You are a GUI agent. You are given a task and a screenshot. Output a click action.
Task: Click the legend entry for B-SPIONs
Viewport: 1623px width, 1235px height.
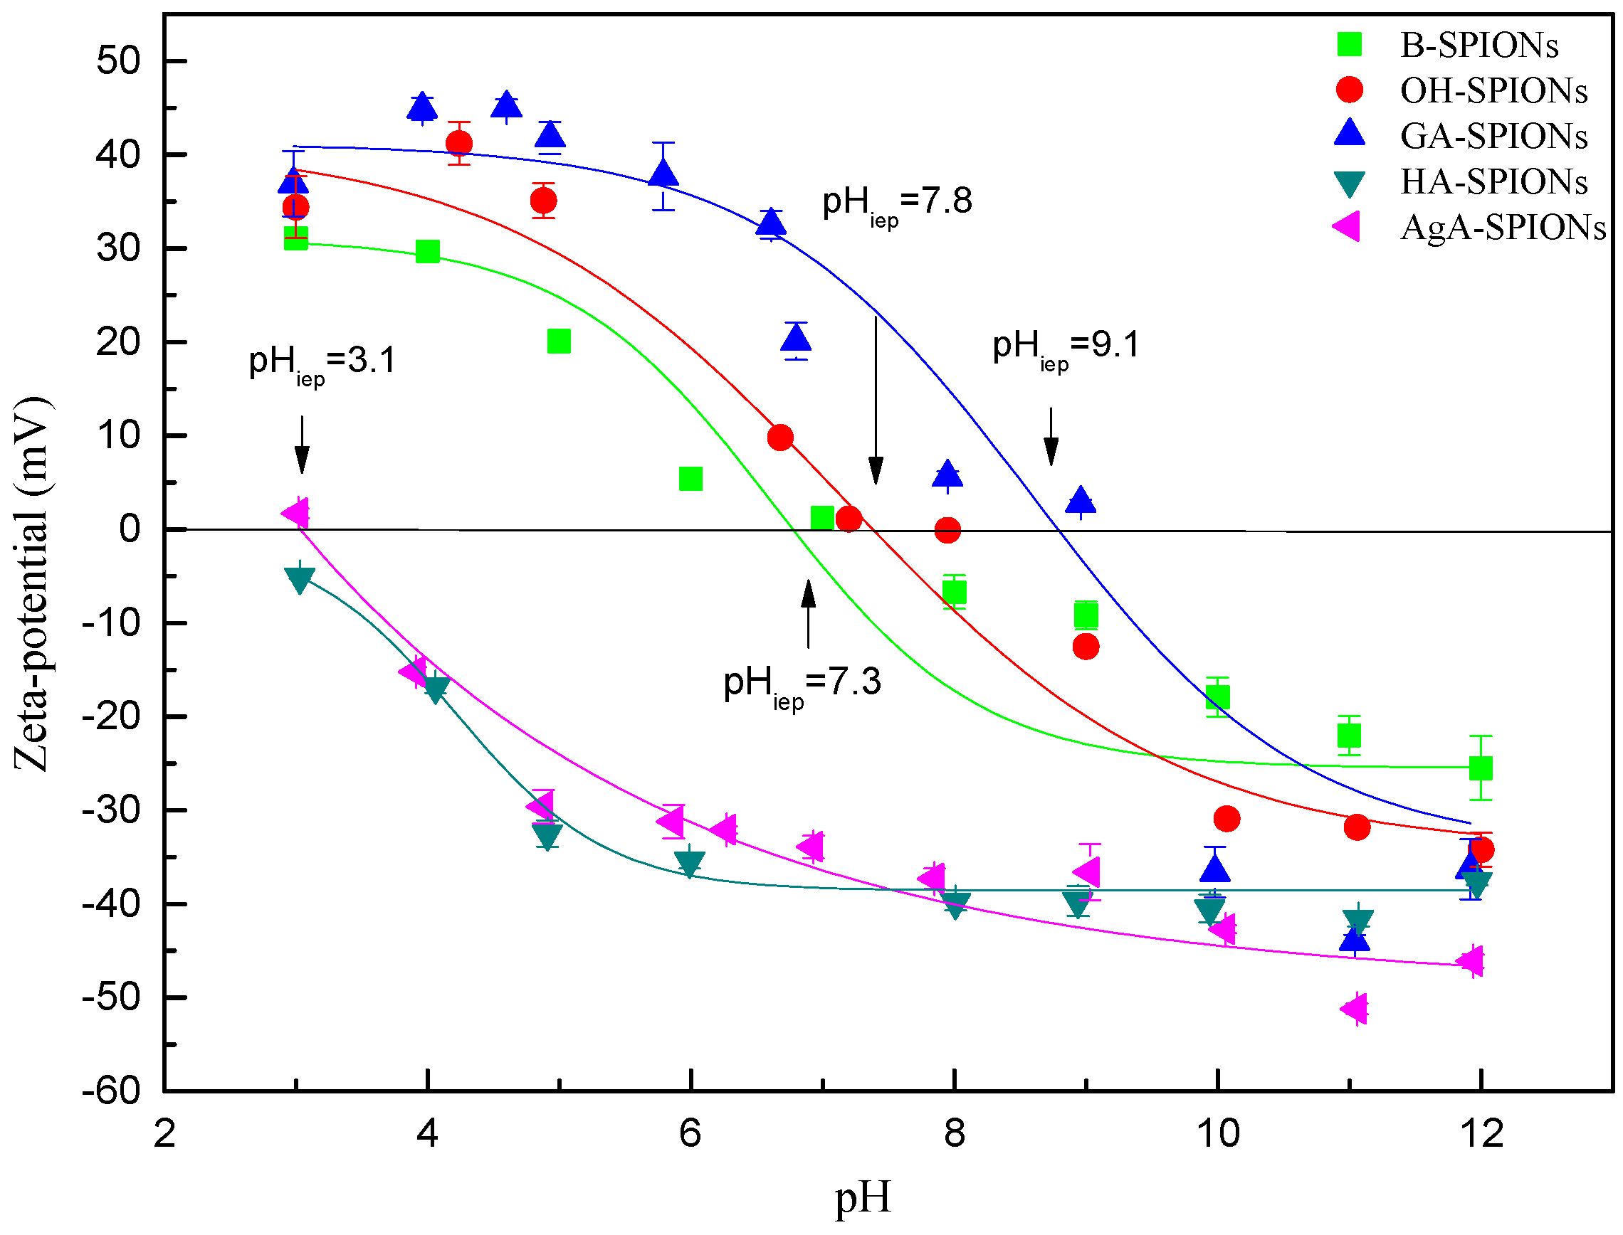(1478, 45)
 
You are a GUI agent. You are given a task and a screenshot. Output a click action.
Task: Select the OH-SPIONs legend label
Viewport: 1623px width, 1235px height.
(1493, 90)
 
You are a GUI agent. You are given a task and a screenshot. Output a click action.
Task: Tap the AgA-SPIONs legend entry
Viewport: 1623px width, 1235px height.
(1502, 227)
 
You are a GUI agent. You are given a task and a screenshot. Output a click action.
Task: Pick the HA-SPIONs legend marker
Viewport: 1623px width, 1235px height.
(1350, 183)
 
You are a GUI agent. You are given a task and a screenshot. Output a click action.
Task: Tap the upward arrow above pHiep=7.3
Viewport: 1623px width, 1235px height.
(808, 614)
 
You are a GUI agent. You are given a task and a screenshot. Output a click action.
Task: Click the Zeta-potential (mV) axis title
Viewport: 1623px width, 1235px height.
(31, 585)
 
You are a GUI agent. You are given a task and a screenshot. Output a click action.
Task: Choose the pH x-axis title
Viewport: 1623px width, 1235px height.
(863, 1197)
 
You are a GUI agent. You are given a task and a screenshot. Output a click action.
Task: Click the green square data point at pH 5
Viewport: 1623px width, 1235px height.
(559, 341)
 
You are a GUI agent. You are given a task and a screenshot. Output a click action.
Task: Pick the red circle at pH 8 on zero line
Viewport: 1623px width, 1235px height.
(947, 530)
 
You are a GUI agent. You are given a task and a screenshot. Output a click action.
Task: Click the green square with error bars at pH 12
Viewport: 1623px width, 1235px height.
(1480, 768)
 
